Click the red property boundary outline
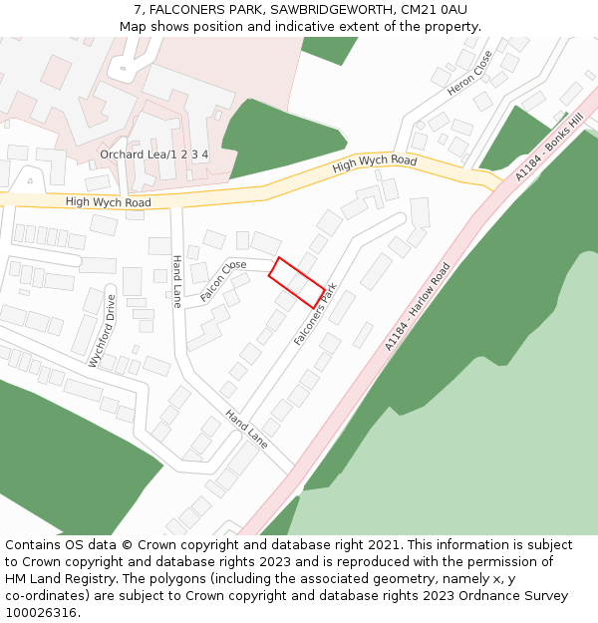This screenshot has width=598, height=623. point(296,282)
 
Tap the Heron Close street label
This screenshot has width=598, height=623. point(469,74)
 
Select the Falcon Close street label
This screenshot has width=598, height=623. point(222,281)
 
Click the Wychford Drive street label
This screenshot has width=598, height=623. point(103,331)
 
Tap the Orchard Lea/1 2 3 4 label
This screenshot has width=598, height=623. point(153,155)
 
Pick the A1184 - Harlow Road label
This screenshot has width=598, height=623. point(418,306)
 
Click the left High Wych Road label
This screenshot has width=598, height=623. point(108,202)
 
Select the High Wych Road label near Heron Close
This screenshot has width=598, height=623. point(375,163)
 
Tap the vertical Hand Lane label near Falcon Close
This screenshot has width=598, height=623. point(176,280)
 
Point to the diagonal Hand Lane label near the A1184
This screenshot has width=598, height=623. point(245,429)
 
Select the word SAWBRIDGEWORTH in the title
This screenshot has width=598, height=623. point(326,10)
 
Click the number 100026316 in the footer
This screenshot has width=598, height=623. point(41,612)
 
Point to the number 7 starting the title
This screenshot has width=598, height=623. point(137,10)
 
